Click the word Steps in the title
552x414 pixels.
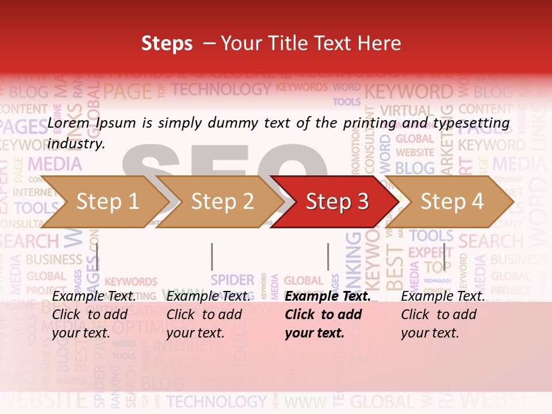point(167,44)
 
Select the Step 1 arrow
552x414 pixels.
point(103,201)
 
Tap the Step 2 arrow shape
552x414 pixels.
point(221,201)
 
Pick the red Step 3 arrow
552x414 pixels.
point(336,201)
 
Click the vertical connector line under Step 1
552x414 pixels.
point(97,256)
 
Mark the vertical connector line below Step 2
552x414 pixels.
point(212,256)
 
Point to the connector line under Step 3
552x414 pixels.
point(328,256)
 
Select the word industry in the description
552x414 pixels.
point(76,144)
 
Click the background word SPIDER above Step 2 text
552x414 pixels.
point(232,280)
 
